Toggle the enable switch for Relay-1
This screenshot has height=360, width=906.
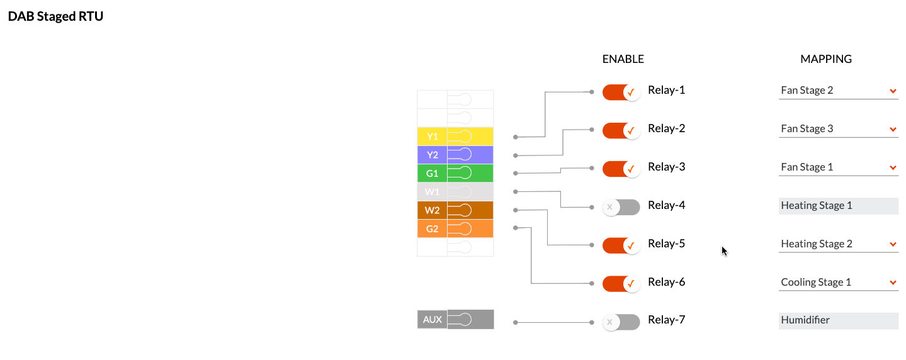(x=621, y=92)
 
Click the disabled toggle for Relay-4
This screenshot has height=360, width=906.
(x=621, y=207)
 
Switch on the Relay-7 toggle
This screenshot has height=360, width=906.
(x=621, y=322)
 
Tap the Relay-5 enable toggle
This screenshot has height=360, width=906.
(x=621, y=245)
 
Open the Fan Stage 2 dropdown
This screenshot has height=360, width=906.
(x=837, y=91)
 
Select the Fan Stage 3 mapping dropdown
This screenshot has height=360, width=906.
(x=837, y=129)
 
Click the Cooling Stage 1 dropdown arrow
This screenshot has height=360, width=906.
(x=893, y=283)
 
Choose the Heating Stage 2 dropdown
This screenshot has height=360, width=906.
(x=837, y=244)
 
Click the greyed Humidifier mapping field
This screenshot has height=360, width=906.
(x=837, y=320)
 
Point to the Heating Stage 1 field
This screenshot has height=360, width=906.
(x=837, y=206)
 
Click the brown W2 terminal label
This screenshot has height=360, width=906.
(x=432, y=210)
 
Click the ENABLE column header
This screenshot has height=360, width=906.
(x=623, y=59)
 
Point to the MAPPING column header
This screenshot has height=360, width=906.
(x=825, y=59)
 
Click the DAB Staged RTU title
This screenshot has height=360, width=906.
(x=55, y=16)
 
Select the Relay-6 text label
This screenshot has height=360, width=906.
(x=666, y=283)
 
